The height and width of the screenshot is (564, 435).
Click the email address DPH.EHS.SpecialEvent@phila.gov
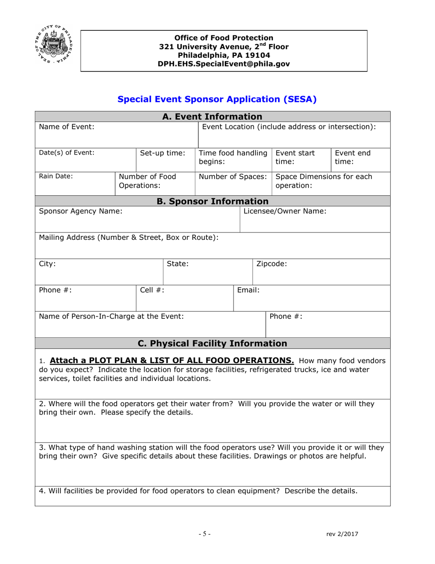(224, 64)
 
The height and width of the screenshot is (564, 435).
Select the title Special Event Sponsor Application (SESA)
(217, 99)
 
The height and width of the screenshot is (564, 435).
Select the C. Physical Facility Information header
(212, 343)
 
